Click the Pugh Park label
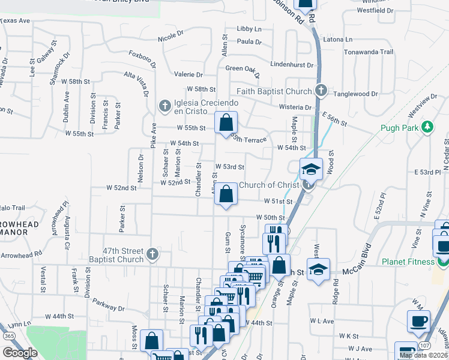[x=399, y=128]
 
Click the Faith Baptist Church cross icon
[x=321, y=91]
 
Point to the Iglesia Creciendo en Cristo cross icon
[x=164, y=106]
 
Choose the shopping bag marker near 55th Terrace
[x=226, y=123]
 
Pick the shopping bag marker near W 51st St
[x=226, y=194]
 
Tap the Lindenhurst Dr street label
[x=292, y=64]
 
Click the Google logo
[x=20, y=353]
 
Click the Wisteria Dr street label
[x=296, y=107]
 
